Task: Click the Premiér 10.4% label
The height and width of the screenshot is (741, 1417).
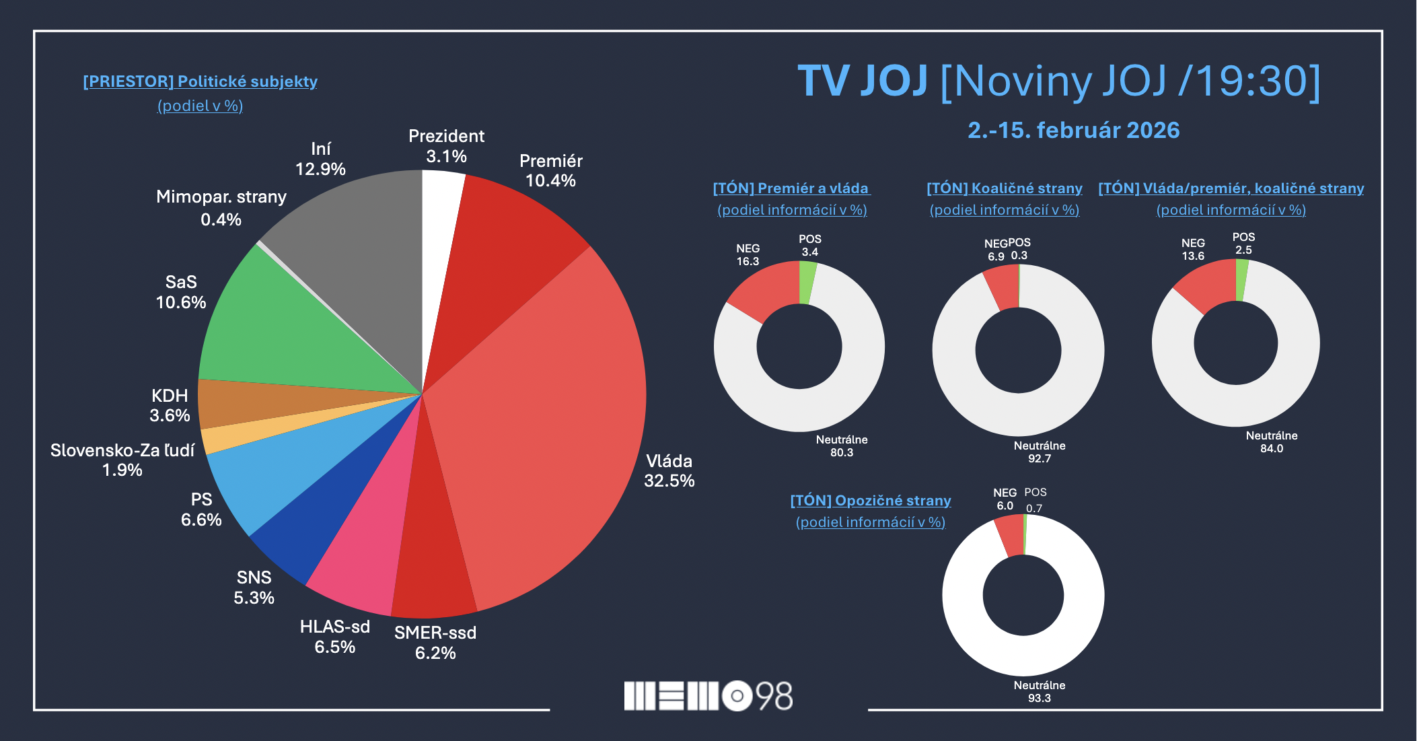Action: (x=550, y=171)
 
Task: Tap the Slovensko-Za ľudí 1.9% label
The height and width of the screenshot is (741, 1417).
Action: (x=122, y=460)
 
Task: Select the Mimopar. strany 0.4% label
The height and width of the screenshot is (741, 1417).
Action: (x=221, y=208)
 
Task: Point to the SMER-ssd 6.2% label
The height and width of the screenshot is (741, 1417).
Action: (x=435, y=643)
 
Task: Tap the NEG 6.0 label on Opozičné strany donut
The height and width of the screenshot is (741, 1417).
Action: (x=1005, y=499)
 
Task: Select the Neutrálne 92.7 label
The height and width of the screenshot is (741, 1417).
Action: (x=1040, y=452)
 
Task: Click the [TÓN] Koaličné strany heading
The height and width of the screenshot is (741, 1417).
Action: (x=1005, y=188)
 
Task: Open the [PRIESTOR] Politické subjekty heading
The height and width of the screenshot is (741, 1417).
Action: (x=200, y=81)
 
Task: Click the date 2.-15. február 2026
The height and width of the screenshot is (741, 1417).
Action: (x=1073, y=130)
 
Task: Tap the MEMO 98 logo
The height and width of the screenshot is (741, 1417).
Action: (x=708, y=696)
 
